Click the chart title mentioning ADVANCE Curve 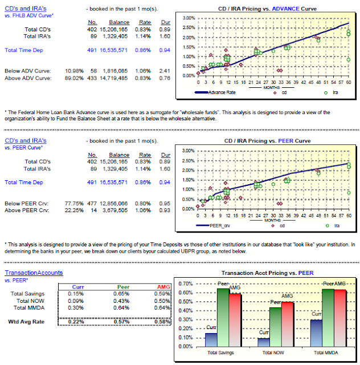click(268, 9)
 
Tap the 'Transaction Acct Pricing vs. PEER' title click(267, 273)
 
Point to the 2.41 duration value click(165, 71)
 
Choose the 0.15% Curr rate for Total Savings click(76, 294)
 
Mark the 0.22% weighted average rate click(76, 322)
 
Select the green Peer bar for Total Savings click(223, 317)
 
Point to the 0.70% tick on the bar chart click(186, 283)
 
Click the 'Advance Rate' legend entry click(219, 91)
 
